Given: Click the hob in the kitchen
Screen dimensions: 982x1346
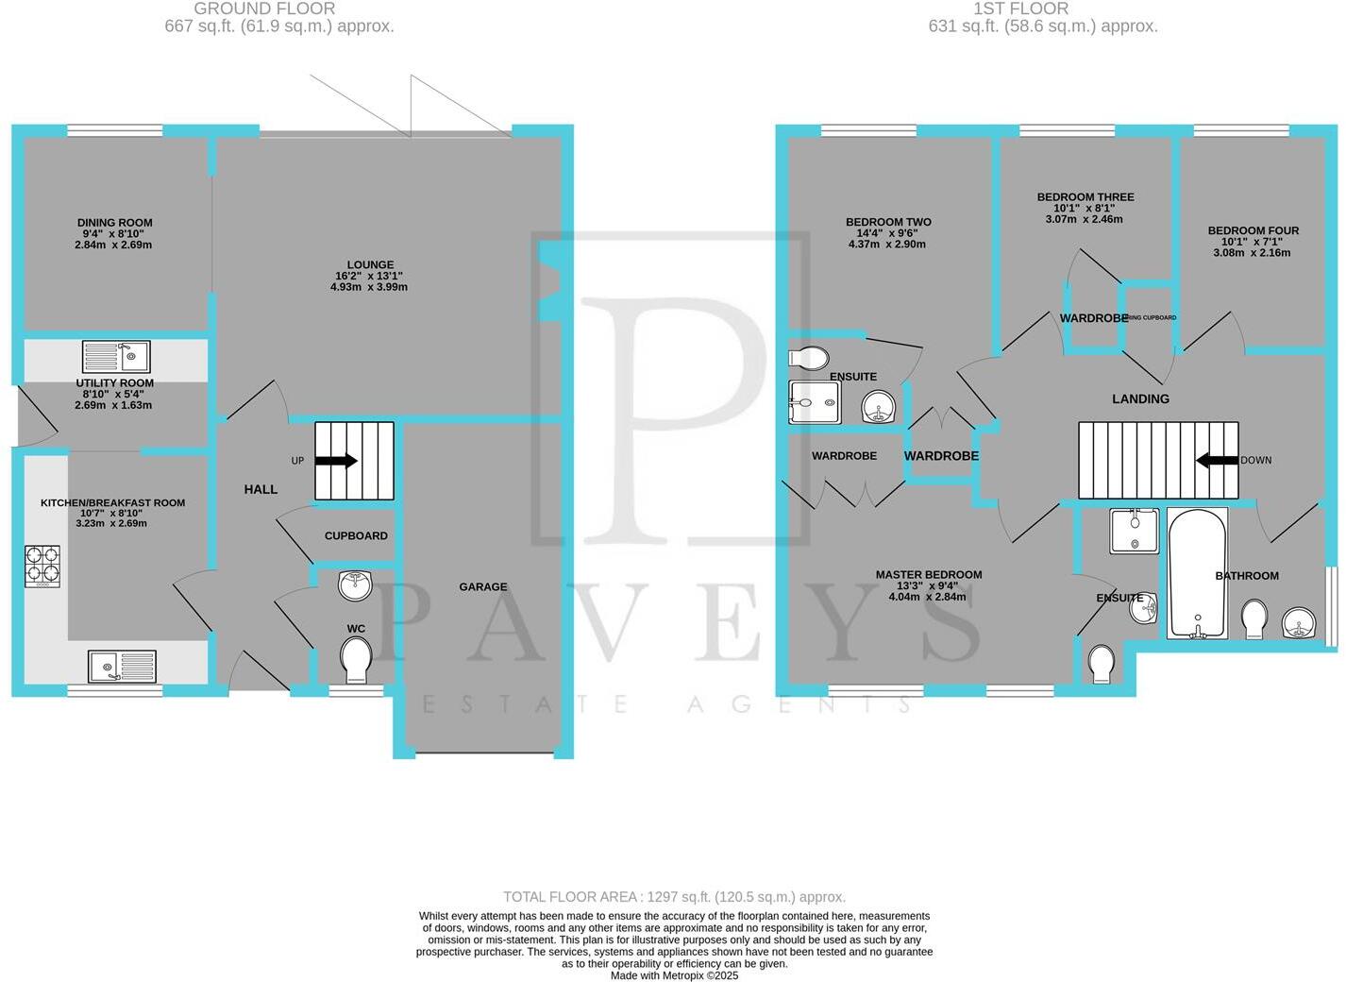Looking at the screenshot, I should click(42, 565).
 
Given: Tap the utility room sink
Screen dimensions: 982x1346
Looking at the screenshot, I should click(116, 357).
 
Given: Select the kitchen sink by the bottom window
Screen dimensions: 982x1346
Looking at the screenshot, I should click(123, 666).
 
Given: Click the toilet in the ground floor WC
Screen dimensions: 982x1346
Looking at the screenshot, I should click(356, 658).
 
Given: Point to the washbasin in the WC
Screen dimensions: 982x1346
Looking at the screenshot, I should click(356, 584).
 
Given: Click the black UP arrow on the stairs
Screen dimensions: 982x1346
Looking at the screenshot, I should click(335, 461).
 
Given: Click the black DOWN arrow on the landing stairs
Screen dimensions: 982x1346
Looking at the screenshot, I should click(1218, 461).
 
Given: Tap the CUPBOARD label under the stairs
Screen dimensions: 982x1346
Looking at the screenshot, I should click(356, 535).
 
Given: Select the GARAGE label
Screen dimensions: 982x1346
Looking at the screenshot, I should click(483, 586).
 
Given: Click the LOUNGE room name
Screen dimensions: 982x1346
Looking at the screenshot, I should click(370, 265).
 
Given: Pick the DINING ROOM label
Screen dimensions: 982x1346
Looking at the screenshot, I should click(115, 223).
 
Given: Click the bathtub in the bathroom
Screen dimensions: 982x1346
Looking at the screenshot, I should click(1197, 574).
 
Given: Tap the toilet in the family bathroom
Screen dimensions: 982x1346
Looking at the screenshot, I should click(1254, 620).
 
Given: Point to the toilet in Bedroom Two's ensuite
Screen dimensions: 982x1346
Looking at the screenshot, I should click(809, 358).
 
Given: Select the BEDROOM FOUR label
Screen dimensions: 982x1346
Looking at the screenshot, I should click(1253, 230).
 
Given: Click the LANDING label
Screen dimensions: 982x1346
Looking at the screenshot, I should click(1140, 399).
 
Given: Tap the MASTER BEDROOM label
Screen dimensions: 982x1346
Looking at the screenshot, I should click(929, 574).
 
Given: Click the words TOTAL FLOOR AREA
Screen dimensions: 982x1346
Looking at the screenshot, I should click(572, 897).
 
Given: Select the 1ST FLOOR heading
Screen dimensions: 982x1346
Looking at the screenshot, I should click(1020, 8).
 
